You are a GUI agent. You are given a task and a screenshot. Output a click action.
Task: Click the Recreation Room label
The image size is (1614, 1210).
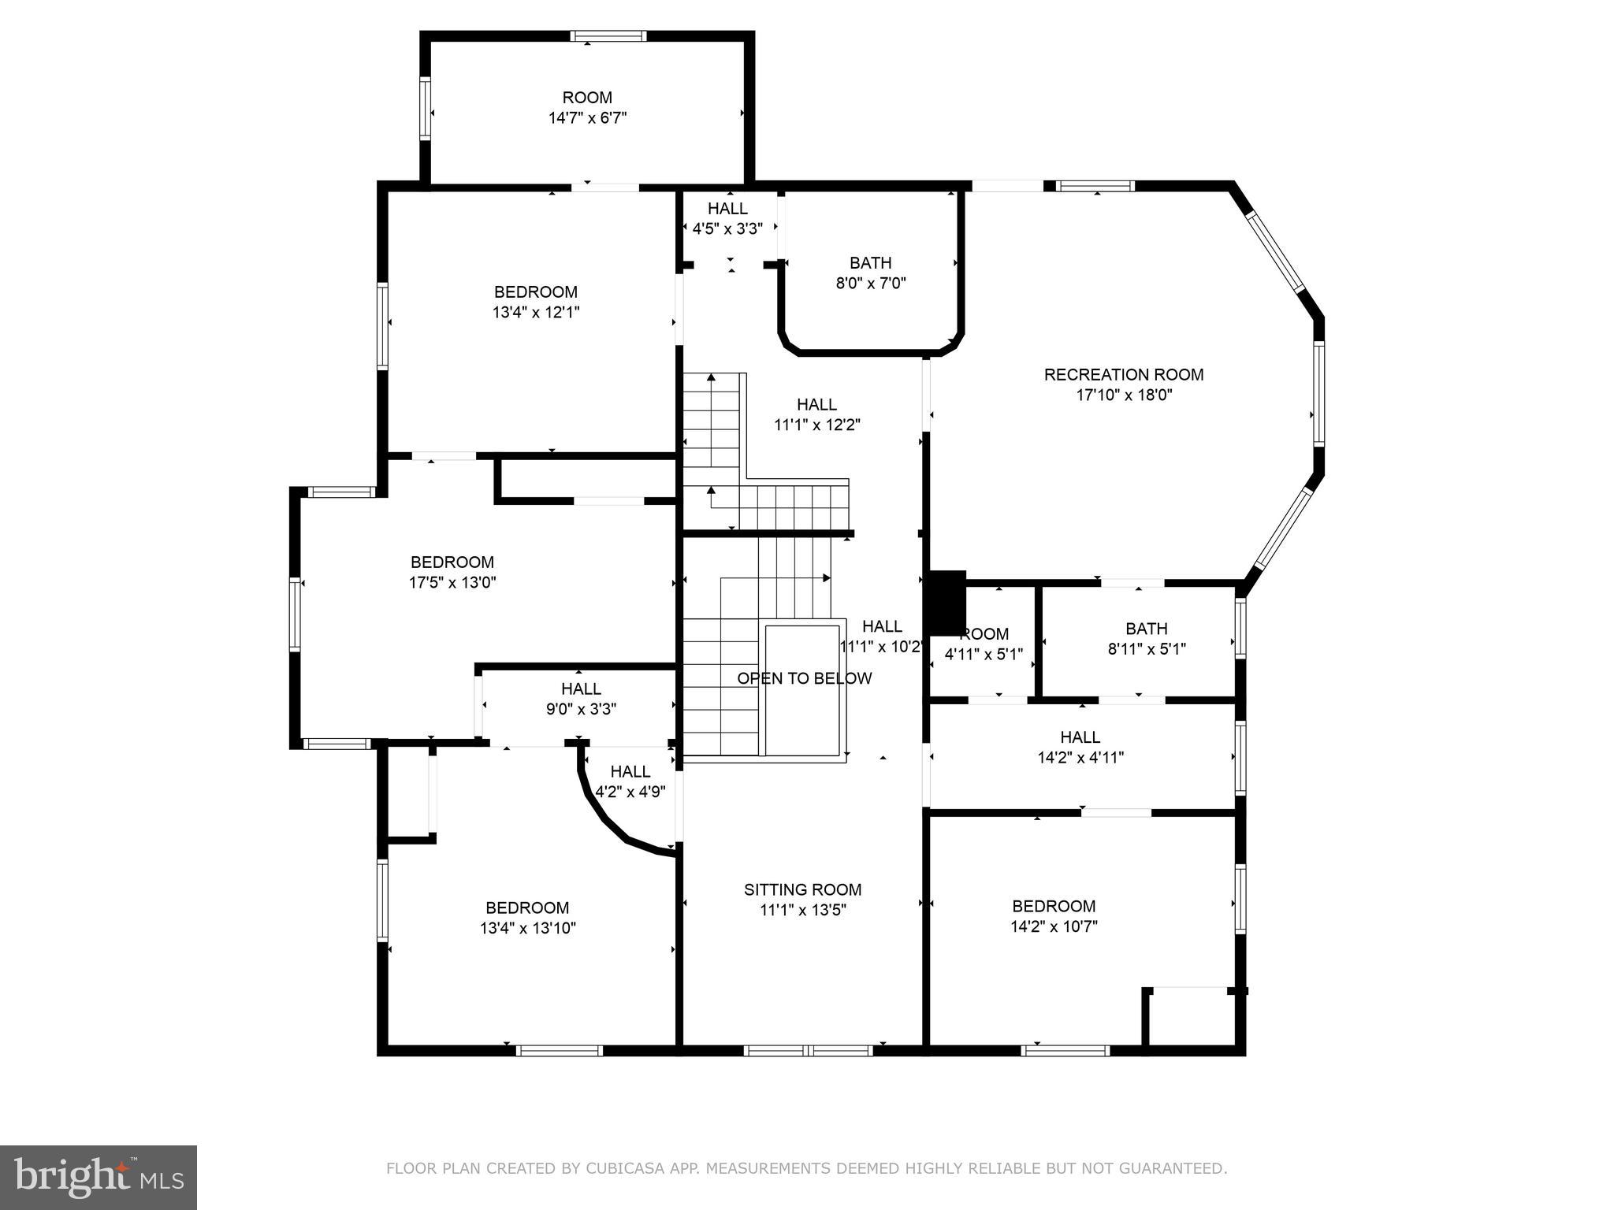(x=1124, y=375)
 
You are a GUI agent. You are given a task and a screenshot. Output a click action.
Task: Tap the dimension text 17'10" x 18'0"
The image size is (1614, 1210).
(x=1124, y=395)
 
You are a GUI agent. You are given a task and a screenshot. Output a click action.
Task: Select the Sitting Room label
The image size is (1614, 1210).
(x=802, y=889)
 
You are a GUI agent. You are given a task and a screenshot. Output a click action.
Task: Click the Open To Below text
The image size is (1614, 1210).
(x=804, y=678)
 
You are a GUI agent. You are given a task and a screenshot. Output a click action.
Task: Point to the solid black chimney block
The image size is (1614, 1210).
(x=946, y=603)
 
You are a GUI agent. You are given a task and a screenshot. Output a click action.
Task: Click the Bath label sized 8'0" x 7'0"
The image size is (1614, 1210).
(x=870, y=263)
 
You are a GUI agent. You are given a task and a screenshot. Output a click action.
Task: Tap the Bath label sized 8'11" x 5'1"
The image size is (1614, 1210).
(x=1146, y=629)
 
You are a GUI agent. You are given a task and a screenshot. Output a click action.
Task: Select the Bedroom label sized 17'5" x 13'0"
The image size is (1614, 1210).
(x=452, y=562)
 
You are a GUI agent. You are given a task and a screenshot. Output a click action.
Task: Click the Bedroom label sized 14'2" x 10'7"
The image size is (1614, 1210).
(x=1054, y=906)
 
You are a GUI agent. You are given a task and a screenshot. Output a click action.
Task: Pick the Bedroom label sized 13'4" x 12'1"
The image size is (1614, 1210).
(x=535, y=292)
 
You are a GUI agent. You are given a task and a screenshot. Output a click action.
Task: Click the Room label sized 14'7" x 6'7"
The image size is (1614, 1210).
(x=587, y=98)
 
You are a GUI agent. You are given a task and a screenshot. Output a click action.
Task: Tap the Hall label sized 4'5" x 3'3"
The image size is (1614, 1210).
(x=727, y=209)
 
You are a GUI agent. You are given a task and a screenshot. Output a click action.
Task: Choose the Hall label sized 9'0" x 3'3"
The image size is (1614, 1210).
(x=581, y=689)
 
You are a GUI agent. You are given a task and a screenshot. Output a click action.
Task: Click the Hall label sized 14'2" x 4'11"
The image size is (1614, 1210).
(x=1080, y=737)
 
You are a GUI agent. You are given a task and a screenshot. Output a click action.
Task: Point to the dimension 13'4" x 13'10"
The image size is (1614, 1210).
(x=527, y=928)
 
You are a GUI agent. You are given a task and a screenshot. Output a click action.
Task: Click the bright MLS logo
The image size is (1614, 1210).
(x=99, y=1177)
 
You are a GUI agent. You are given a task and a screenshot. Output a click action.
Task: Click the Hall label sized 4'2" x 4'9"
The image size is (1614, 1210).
(x=630, y=772)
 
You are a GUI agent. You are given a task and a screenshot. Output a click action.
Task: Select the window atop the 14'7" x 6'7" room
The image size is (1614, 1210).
(x=608, y=35)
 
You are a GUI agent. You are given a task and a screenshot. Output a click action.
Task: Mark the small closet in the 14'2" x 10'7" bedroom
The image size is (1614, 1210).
(x=1189, y=1018)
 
